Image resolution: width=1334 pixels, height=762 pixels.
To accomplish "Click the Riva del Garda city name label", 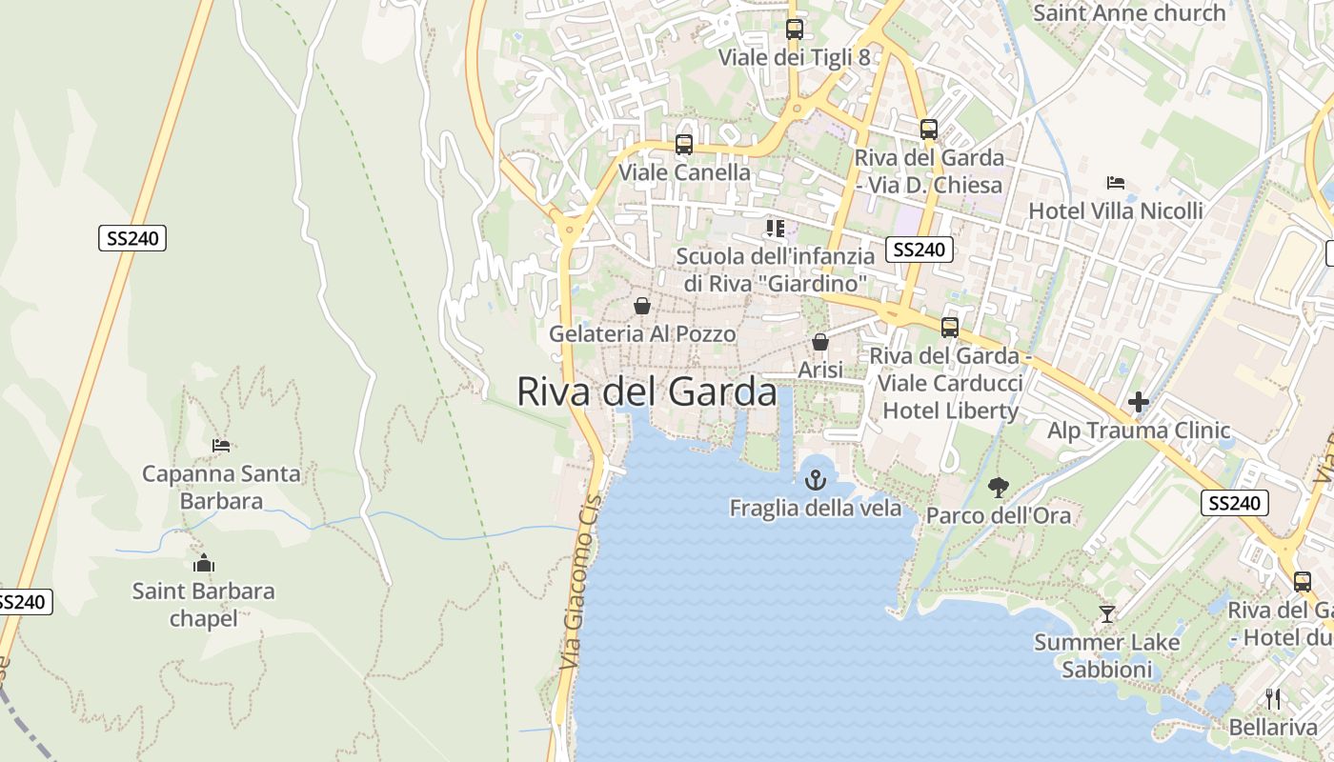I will (647, 391).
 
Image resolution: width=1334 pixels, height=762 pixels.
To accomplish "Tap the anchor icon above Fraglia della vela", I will (815, 480).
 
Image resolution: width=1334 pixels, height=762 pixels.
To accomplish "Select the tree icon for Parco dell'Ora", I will (998, 488).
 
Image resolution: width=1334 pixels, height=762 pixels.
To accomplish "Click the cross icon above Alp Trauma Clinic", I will (1138, 402).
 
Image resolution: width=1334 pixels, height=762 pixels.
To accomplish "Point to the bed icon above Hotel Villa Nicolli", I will (1116, 183).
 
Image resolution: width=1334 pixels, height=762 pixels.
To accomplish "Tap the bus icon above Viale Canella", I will (683, 145).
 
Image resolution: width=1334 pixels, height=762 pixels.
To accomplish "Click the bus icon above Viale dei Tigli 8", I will (794, 30).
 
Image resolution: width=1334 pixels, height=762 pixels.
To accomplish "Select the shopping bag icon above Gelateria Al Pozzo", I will (642, 306).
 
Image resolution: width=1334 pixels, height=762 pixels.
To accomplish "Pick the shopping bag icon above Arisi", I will (820, 341).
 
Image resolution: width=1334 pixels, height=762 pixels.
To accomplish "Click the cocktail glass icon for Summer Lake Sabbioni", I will (1106, 614).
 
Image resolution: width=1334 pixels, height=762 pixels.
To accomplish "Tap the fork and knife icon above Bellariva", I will (1272, 698).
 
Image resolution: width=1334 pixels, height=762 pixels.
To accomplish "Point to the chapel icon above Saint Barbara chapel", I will (203, 563).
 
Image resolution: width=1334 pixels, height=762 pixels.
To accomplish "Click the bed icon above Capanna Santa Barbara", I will (221, 445).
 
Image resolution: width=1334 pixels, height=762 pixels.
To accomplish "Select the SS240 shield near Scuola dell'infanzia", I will (920, 250).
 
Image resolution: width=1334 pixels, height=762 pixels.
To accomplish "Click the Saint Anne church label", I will (1129, 13).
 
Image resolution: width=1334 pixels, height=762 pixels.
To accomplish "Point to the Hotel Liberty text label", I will (950, 411).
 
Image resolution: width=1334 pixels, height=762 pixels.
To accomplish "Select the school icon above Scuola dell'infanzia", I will (776, 229).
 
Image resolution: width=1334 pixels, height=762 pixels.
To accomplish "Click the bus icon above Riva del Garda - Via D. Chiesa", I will (928, 130).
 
